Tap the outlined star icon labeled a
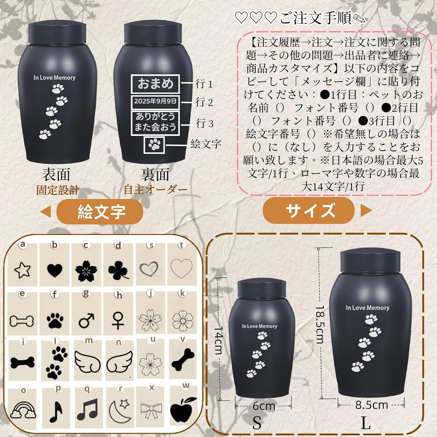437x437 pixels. tap(22, 270)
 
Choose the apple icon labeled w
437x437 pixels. tap(183, 410)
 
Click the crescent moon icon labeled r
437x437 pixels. tap(119, 411)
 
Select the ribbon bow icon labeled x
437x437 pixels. tap(151, 410)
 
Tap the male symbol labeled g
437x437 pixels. tap(87, 320)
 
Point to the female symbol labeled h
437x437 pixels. tap(118, 320)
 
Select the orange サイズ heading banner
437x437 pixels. tap(309, 210)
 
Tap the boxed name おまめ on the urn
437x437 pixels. tap(155, 84)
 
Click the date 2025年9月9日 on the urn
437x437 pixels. tap(155, 101)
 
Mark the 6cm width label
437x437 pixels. tap(263, 406)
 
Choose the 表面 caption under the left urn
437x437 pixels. tap(56, 175)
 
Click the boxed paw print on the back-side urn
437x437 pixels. tap(154, 145)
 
